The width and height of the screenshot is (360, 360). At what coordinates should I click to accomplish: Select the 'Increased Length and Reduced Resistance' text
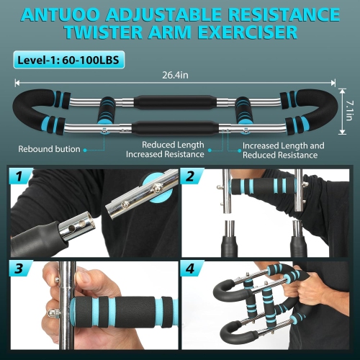tap(283, 150)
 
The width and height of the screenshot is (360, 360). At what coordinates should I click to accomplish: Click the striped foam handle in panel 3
tap(122, 311)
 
